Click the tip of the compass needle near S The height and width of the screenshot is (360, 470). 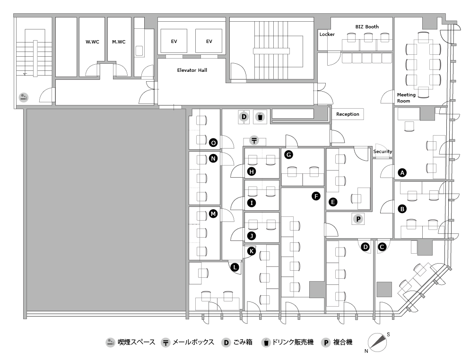point(386,335)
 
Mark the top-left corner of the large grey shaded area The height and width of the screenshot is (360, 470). point(27,109)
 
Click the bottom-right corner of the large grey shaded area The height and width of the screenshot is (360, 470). point(186,311)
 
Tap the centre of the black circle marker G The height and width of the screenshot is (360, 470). point(288,154)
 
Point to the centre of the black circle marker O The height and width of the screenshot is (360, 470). point(213,143)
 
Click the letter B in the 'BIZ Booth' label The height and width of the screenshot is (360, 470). point(357,26)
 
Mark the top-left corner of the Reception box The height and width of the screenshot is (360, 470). point(332,108)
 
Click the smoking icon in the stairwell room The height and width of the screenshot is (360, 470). point(24,97)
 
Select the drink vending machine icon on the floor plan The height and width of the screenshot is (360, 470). point(260,117)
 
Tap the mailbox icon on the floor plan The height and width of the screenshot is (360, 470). point(254,140)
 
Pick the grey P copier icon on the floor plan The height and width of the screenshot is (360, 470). point(358,219)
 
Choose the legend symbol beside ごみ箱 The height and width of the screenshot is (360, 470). point(226,343)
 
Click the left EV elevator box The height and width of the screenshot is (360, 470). point(174,41)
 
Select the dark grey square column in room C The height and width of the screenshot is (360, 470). point(384,289)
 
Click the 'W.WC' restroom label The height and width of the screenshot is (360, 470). point(92,42)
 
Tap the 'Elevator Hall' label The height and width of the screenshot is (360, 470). point(192,70)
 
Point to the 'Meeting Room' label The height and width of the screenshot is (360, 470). point(406,98)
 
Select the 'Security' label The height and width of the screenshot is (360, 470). point(383,152)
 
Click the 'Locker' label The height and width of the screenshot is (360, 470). point(327,34)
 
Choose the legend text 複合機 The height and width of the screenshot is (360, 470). point(343,343)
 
